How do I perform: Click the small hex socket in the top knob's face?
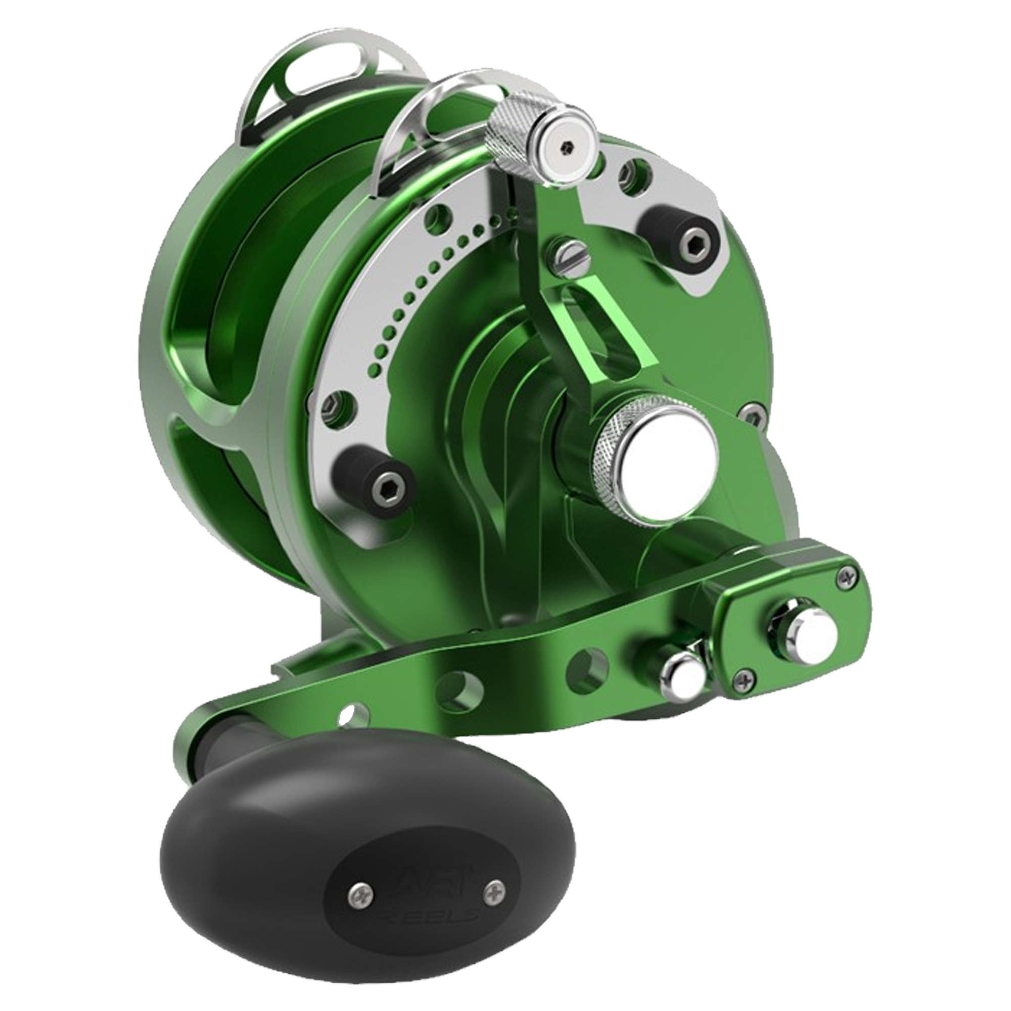pyautogui.click(x=565, y=148)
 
